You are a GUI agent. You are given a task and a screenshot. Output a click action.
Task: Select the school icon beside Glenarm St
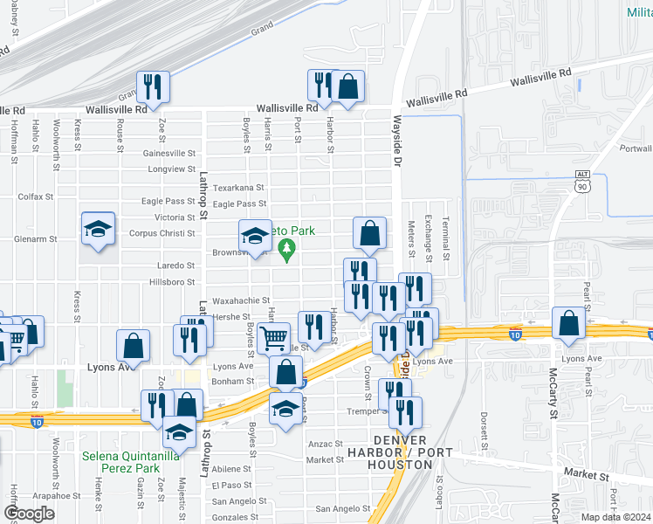[x=98, y=229]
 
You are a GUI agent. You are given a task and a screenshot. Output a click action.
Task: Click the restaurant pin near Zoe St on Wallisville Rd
[x=153, y=86]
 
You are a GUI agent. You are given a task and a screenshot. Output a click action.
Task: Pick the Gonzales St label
[x=229, y=517]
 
